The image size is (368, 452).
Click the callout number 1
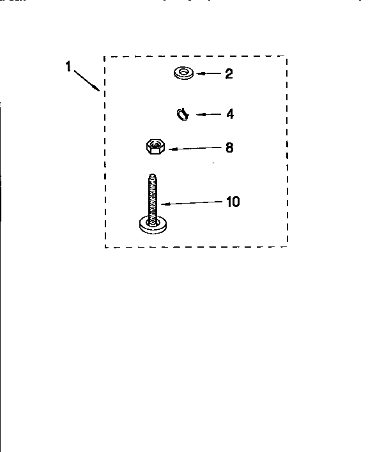[68, 66]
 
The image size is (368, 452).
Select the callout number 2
[229, 74]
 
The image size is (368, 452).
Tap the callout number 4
[230, 114]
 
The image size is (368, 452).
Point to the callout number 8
[229, 147]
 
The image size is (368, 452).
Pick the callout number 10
[233, 202]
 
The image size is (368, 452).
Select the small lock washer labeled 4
[183, 114]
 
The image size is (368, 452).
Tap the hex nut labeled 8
[155, 146]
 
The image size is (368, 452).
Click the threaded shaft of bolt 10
[153, 199]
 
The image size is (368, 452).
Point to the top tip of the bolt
[153, 174]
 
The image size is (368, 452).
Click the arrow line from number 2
[208, 73]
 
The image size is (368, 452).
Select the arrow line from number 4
[208, 114]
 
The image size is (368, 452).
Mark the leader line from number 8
[195, 148]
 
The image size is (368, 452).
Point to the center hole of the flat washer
[184, 71]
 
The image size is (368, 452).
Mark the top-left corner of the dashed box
[104, 57]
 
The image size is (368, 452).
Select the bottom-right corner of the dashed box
[287, 247]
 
